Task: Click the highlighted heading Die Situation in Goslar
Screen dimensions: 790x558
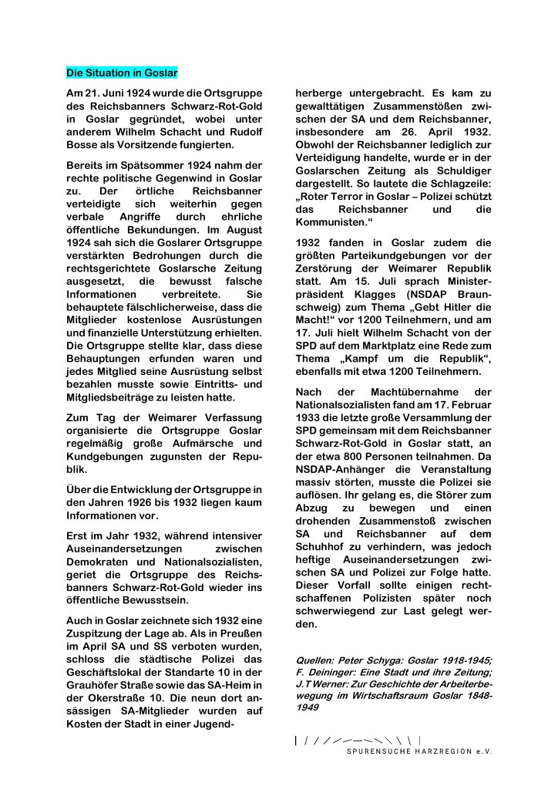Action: pyautogui.click(x=122, y=73)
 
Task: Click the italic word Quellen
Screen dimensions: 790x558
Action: pyautogui.click(x=315, y=660)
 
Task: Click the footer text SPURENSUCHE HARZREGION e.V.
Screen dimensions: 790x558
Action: pyautogui.click(x=418, y=751)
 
